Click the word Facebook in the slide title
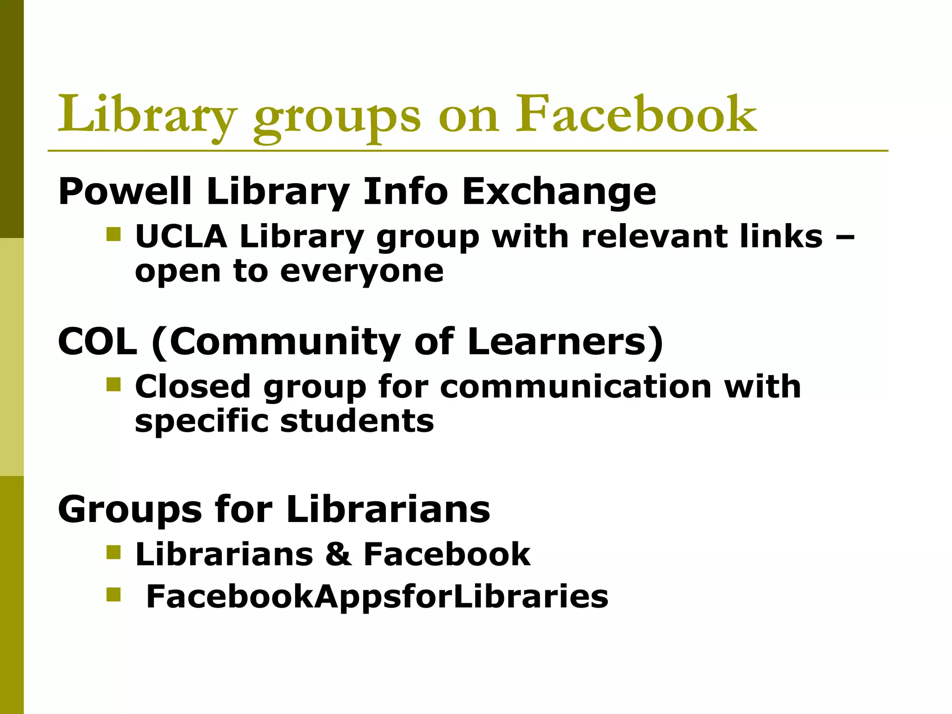pyautogui.click(x=636, y=114)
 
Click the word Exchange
pyautogui.click(x=559, y=191)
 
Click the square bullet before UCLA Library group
pyautogui.click(x=113, y=234)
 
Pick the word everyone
pyautogui.click(x=362, y=271)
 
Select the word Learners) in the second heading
pyautogui.click(x=565, y=342)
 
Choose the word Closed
pyautogui.click(x=193, y=386)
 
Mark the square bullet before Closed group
pyautogui.click(x=113, y=384)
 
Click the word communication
pyautogui.click(x=575, y=386)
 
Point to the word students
pyautogui.click(x=357, y=421)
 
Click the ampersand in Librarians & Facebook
pyautogui.click(x=338, y=554)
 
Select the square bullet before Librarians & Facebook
pyautogui.click(x=113, y=552)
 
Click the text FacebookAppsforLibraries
pyautogui.click(x=377, y=596)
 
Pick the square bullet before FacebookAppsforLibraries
pyautogui.click(x=113, y=595)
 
